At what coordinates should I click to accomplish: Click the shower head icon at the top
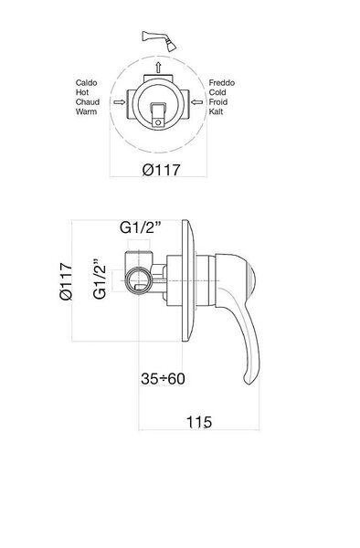tap(159, 40)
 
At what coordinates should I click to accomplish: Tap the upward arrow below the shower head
tap(158, 67)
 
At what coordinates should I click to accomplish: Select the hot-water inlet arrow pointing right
tap(120, 102)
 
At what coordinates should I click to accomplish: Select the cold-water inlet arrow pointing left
tap(196, 102)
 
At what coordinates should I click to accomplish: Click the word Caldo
tap(86, 83)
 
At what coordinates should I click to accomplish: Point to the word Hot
tap(82, 92)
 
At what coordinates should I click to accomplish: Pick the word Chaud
tap(88, 102)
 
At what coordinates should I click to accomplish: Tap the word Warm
tap(86, 111)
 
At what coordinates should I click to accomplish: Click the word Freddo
tap(222, 83)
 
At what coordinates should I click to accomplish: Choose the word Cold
tap(217, 92)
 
